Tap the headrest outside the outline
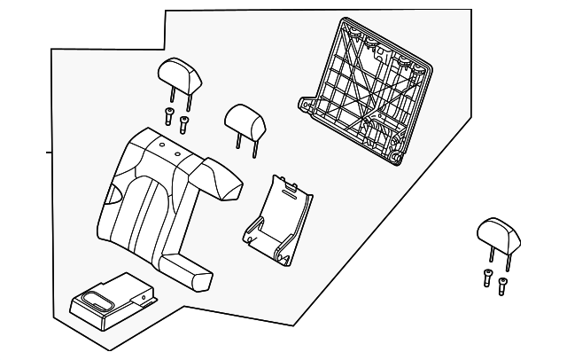pyautogui.click(x=494, y=233)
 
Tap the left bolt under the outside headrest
pyautogui.click(x=488, y=276)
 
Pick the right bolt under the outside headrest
pyautogui.click(x=502, y=286)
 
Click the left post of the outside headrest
pyautogui.click(x=490, y=257)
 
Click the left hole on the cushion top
pyautogui.click(x=163, y=145)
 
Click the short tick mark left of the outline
pyautogui.click(x=49, y=153)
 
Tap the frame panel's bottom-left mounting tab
pyautogui.click(x=308, y=106)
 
